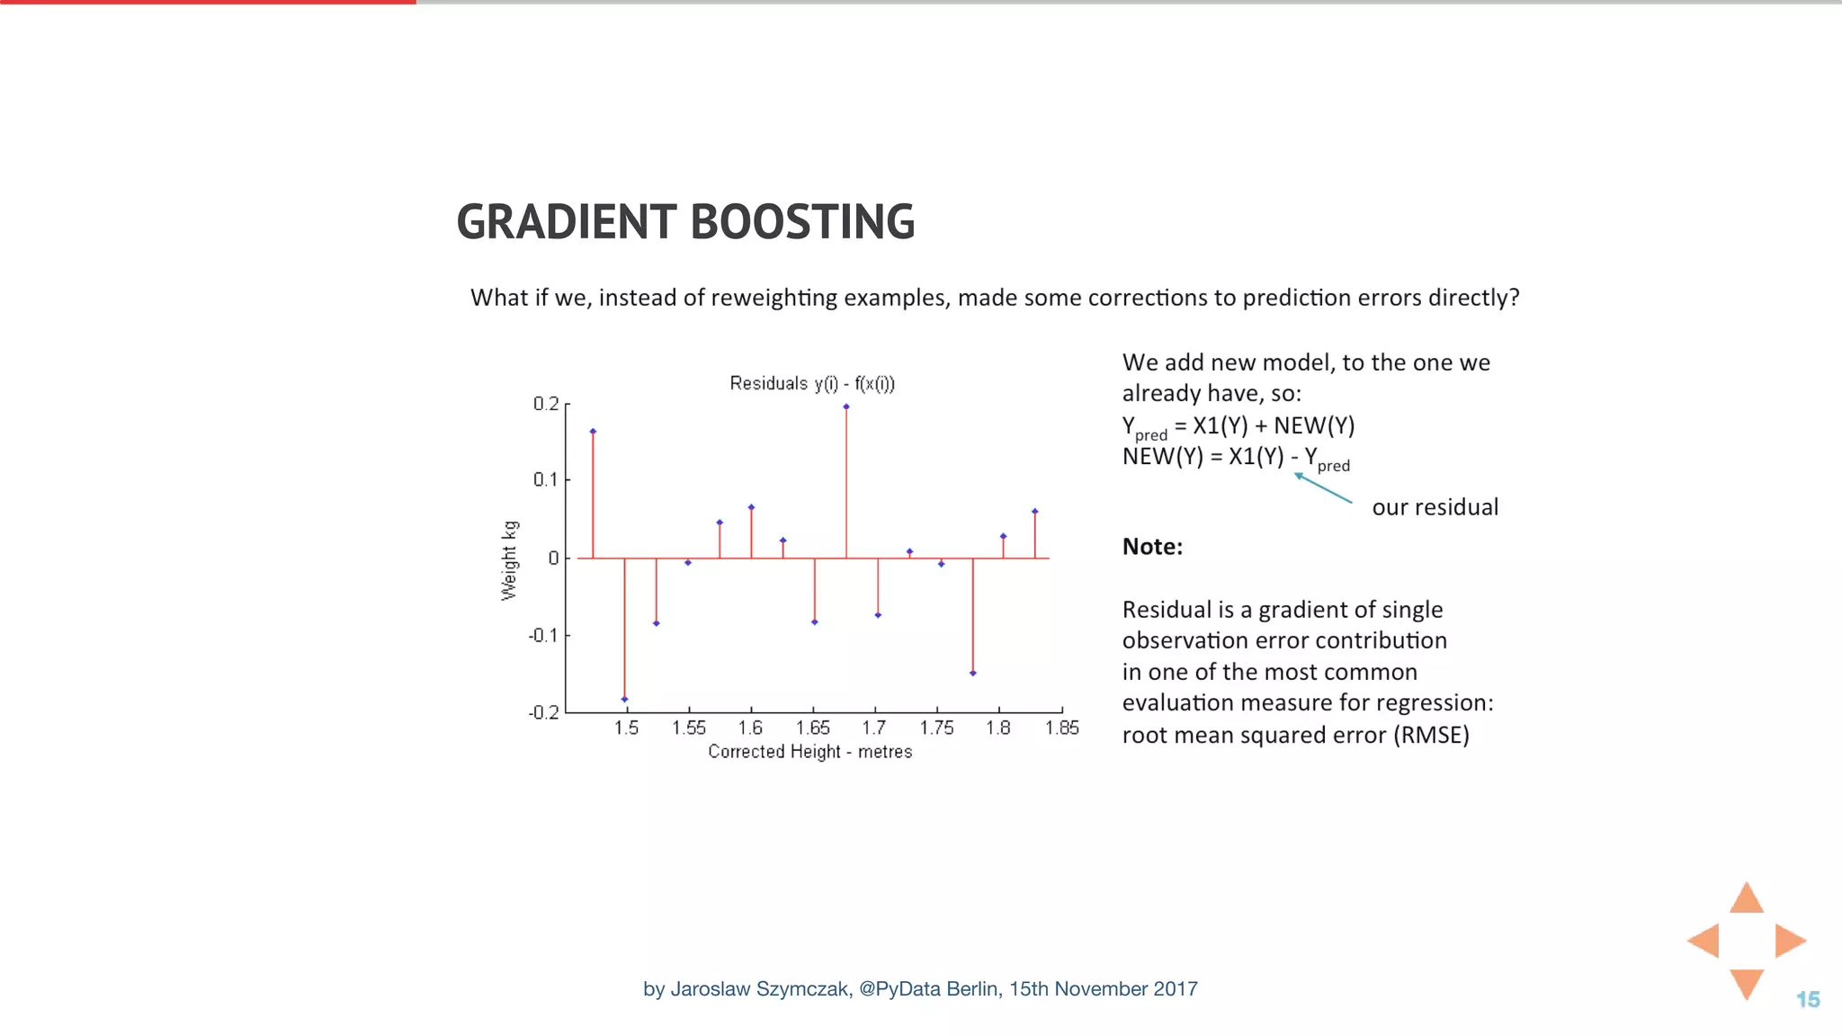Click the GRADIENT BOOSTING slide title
click(x=685, y=222)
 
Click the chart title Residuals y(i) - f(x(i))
click(x=812, y=384)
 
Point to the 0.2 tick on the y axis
click(x=546, y=404)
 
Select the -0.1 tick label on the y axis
click(x=543, y=636)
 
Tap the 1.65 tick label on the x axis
click(x=813, y=728)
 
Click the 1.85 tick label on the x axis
click(x=1061, y=728)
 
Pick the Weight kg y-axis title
click(x=509, y=560)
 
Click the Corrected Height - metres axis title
click(x=809, y=752)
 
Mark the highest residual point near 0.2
click(x=846, y=407)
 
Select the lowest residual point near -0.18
click(x=624, y=699)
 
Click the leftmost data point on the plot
click(x=593, y=432)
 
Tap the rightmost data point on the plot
click(x=1035, y=512)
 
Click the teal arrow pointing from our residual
click(x=1322, y=487)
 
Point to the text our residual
click(x=1435, y=507)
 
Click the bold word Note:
click(x=1152, y=547)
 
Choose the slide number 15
click(x=1808, y=999)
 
